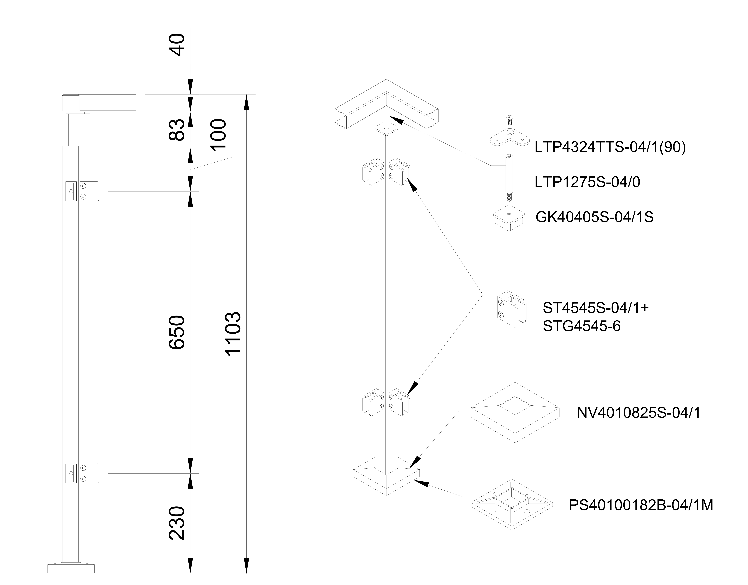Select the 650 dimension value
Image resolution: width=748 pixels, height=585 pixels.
[177, 332]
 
